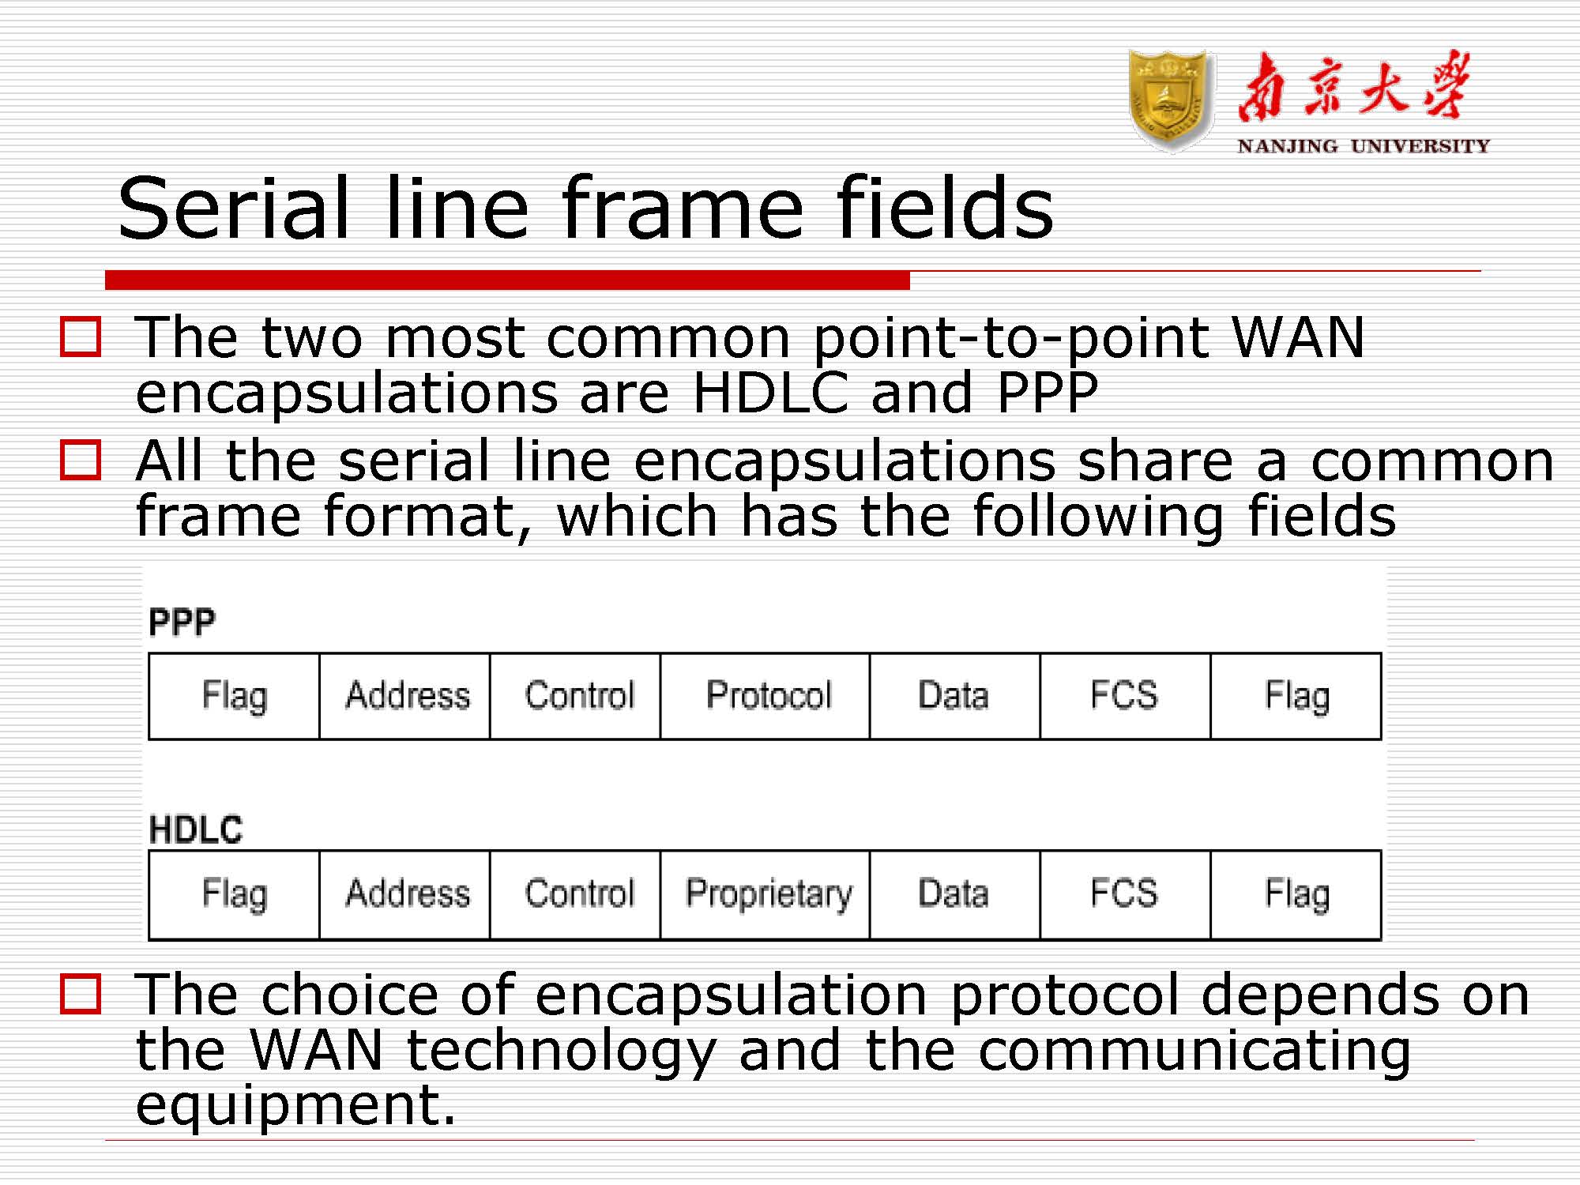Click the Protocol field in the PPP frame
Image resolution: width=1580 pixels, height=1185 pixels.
[765, 696]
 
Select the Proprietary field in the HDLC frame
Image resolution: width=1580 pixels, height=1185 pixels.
[765, 894]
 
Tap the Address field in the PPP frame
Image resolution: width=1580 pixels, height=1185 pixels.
[404, 696]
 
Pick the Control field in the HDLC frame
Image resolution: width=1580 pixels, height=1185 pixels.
[575, 894]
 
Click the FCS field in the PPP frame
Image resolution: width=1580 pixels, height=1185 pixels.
[1125, 696]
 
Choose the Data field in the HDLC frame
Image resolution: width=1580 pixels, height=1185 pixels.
[954, 894]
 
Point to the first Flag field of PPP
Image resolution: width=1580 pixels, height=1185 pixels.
[235, 696]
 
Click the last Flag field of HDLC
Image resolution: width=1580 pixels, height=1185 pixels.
[1296, 894]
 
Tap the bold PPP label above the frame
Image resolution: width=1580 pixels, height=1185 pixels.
[182, 622]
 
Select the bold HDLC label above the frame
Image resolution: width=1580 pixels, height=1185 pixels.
[196, 829]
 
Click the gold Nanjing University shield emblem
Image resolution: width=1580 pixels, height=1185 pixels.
[1171, 100]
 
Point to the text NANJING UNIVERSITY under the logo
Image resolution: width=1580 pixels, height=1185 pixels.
[1364, 146]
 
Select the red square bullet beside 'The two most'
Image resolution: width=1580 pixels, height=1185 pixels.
[81, 337]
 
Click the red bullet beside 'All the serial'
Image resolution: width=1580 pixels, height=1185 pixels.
[81, 460]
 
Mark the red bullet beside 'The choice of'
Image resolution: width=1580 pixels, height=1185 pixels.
[81, 993]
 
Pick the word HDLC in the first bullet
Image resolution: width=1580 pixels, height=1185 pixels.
[770, 393]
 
